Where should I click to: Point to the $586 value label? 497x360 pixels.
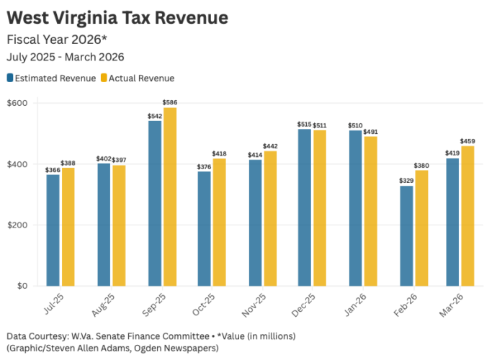pyautogui.click(x=170, y=103)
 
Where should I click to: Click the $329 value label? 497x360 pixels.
pyautogui.click(x=407, y=181)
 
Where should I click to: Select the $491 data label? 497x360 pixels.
pyautogui.click(x=370, y=132)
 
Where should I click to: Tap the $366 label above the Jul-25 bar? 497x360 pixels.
pyautogui.click(x=53, y=170)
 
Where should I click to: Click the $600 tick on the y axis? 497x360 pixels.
pyautogui.click(x=17, y=103)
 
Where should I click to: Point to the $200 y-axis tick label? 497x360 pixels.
pyautogui.click(x=17, y=225)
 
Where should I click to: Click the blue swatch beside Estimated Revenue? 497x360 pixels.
pyautogui.click(x=11, y=78)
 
